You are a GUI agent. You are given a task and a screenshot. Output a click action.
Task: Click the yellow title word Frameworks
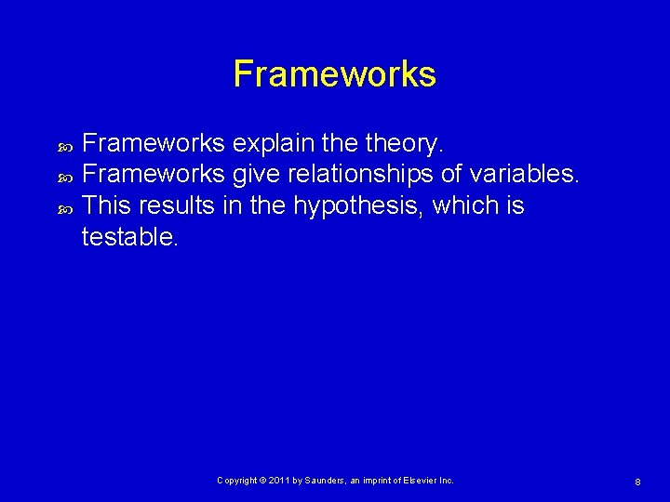pos(334,74)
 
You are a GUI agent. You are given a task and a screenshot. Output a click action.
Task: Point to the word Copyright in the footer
pos(239,481)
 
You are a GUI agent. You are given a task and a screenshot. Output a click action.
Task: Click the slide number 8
pos(636,482)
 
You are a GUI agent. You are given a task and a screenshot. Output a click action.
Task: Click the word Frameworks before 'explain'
pos(154,144)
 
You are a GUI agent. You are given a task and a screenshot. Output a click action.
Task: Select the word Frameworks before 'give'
pos(154,176)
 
